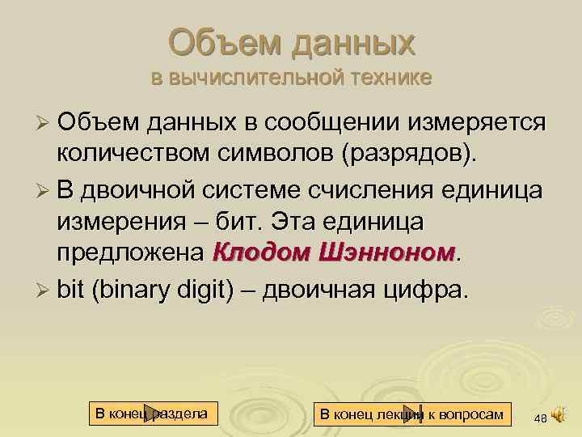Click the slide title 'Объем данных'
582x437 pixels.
click(x=292, y=42)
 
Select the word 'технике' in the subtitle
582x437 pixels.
click(x=391, y=78)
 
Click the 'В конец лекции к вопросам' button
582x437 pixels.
click(x=412, y=414)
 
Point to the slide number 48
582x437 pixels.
click(x=540, y=418)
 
